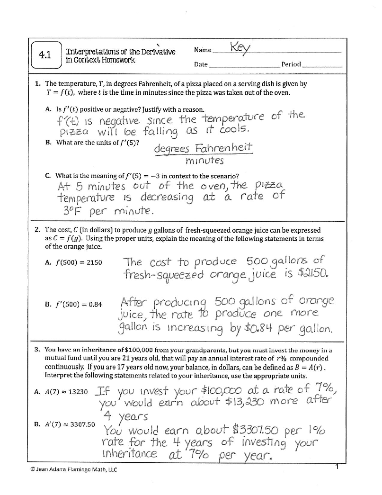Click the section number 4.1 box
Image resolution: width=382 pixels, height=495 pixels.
coord(46,55)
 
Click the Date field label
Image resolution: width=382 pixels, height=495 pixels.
coord(201,64)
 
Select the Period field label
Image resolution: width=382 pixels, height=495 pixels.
coord(291,64)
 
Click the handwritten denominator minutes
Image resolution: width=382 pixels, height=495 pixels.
coord(204,161)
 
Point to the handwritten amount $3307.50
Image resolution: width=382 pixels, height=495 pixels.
coord(256,431)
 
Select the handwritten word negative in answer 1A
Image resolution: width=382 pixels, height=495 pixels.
coord(119,121)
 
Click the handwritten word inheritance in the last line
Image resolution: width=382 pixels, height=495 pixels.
coord(129,454)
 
